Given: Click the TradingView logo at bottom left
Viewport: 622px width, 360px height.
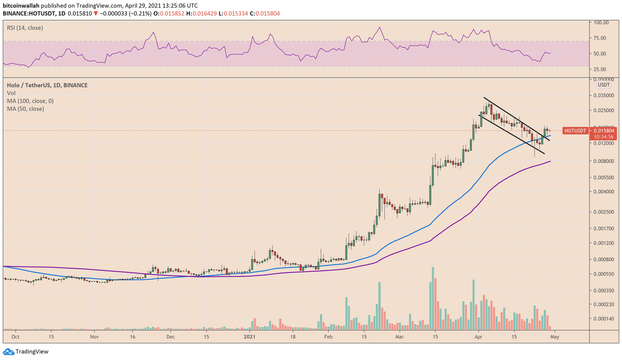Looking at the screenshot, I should pos(26,351).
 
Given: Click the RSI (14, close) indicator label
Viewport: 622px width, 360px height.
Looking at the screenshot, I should pos(25,28).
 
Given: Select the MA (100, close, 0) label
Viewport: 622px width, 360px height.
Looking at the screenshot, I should pos(30,101).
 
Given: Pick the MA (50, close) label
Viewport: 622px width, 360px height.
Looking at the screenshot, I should pos(25,109).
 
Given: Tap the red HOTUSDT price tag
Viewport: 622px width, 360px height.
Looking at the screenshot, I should pos(575,131).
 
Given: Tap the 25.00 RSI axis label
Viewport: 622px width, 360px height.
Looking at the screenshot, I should pos(600,69).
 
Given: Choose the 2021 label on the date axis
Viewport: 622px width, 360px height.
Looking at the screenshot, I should pos(250,337).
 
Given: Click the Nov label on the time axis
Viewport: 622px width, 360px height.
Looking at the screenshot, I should pos(95,337).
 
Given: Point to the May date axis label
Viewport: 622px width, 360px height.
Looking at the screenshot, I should pos(555,337).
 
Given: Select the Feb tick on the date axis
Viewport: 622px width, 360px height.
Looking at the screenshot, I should pos(328,337).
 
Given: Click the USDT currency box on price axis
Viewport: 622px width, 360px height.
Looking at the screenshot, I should pos(604,85).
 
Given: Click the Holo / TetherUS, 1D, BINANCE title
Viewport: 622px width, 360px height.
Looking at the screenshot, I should pos(47,85).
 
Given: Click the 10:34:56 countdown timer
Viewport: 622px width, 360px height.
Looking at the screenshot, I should pos(603,137).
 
